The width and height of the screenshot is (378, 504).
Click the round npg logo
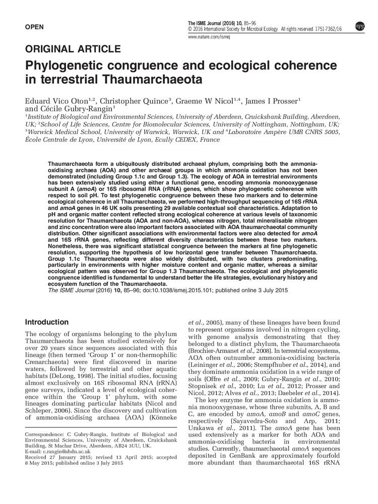[360, 26]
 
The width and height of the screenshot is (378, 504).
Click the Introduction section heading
[47, 322]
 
